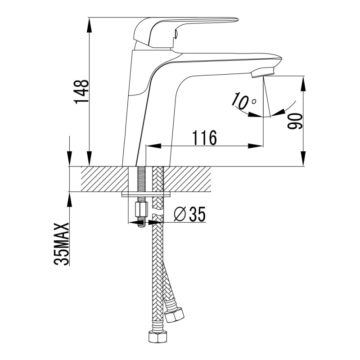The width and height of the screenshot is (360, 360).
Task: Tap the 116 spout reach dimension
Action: tap(205, 137)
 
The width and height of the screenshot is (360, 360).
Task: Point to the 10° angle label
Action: tap(243, 101)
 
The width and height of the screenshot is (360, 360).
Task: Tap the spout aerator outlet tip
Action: tap(263, 72)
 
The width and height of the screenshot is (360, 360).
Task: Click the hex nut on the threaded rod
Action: tap(140, 209)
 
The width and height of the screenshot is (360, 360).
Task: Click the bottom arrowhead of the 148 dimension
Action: tap(90, 161)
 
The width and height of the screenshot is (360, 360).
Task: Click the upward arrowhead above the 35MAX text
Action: tap(70, 198)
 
